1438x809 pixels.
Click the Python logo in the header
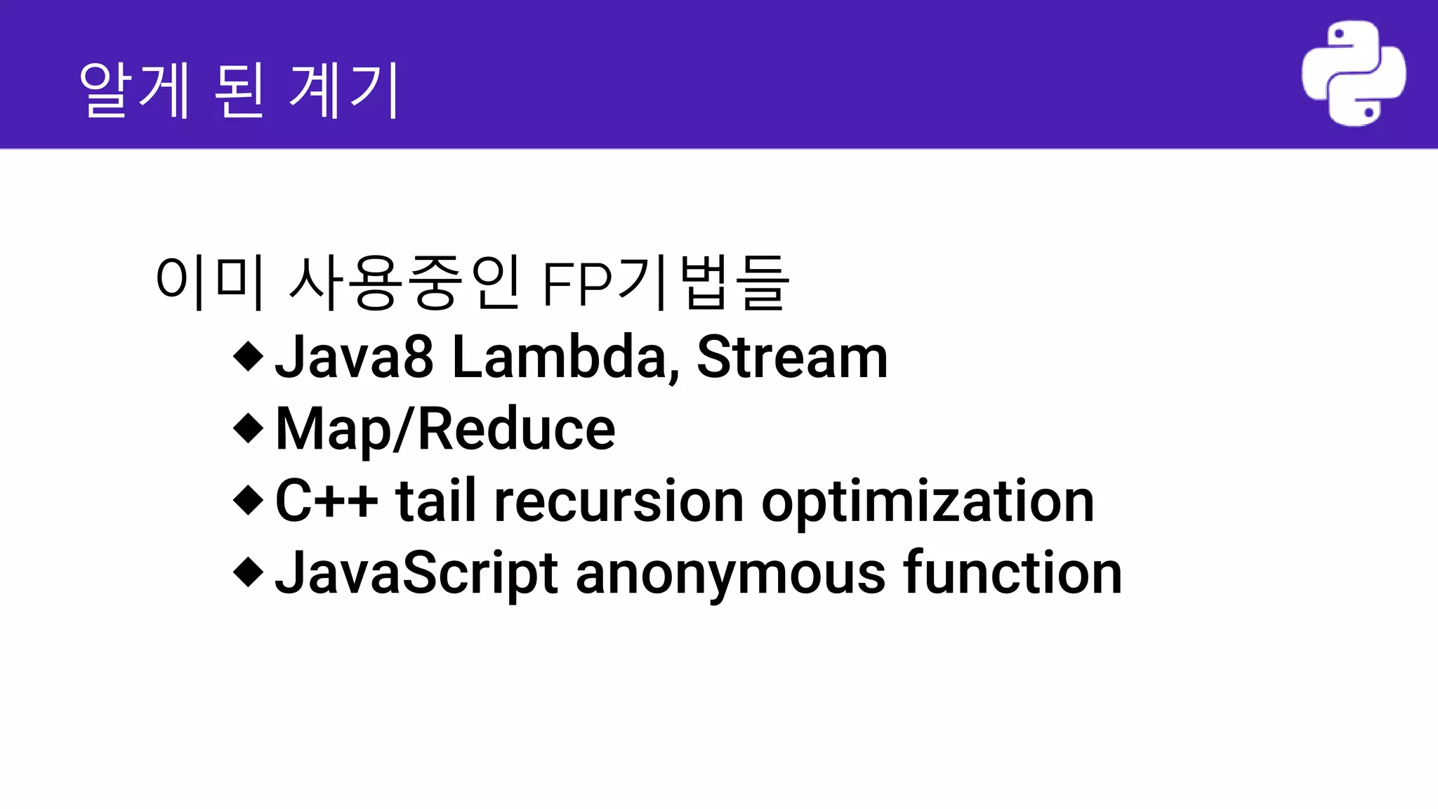click(1353, 73)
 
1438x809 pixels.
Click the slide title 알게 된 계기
click(239, 90)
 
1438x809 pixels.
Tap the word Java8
click(354, 357)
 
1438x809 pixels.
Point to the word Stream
click(792, 357)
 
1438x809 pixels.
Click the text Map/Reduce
click(446, 429)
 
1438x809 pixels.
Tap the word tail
click(435, 501)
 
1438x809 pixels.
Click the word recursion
click(619, 501)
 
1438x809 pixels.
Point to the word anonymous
click(730, 574)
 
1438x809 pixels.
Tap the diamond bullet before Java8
click(248, 356)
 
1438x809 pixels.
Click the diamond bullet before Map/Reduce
click(248, 428)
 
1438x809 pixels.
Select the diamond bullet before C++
click(248, 500)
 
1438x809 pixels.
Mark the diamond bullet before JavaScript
click(248, 572)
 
